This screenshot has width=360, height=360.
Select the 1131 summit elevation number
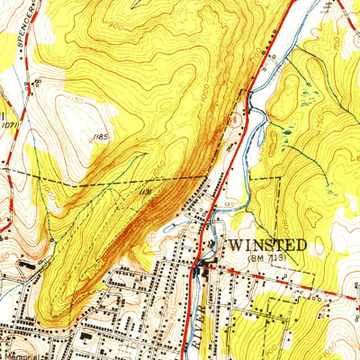pos(144,192)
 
